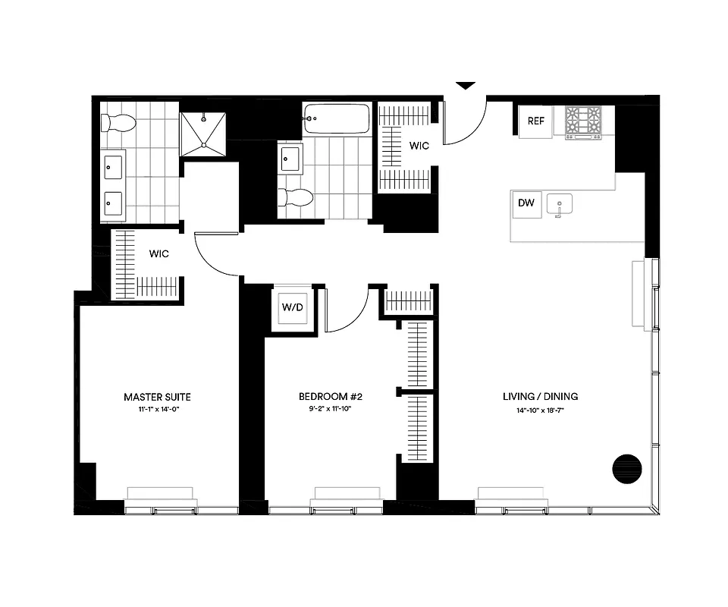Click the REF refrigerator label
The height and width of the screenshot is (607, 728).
click(536, 121)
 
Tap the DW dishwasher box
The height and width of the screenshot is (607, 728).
click(526, 203)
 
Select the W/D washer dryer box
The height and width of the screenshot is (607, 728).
click(292, 308)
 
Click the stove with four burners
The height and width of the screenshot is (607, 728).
click(582, 121)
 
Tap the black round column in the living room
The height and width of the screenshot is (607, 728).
click(626, 467)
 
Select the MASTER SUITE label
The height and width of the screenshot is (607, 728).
click(157, 397)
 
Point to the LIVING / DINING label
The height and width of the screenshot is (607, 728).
click(540, 397)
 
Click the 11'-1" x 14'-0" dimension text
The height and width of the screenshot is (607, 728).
click(157, 410)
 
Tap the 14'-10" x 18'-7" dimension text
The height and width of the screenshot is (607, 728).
click(540, 410)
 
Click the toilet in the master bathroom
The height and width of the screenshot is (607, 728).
click(118, 121)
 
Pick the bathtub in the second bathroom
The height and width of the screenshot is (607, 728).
click(336, 118)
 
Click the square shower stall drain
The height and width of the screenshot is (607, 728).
click(205, 142)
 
